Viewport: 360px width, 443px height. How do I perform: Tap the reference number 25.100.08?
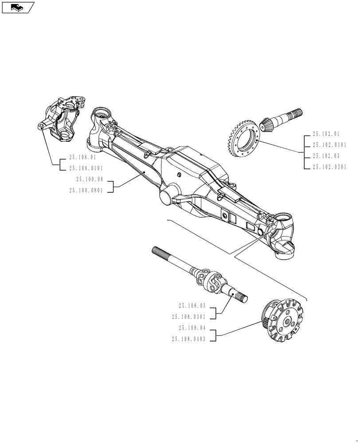(x=89, y=179)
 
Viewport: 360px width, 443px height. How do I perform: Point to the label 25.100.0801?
(x=86, y=190)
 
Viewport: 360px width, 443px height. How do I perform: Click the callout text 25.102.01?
(x=326, y=133)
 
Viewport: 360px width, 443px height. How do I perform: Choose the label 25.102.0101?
(x=329, y=144)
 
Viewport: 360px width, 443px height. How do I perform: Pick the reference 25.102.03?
(x=326, y=156)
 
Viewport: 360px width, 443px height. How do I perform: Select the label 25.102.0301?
(x=329, y=167)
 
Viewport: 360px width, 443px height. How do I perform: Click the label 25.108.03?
(x=192, y=306)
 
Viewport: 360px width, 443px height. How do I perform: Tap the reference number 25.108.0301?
(x=189, y=317)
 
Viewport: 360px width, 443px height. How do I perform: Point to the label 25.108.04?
(x=192, y=328)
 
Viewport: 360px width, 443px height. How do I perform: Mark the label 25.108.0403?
(x=189, y=339)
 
